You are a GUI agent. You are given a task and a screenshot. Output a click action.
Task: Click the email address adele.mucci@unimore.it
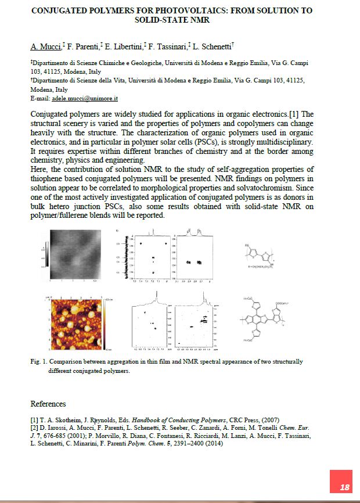coord(85,99)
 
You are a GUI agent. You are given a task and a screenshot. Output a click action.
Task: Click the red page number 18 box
coord(344,487)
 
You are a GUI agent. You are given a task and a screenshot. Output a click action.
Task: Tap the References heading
coord(48,404)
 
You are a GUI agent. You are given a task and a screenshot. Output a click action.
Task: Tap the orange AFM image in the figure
coord(73,324)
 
